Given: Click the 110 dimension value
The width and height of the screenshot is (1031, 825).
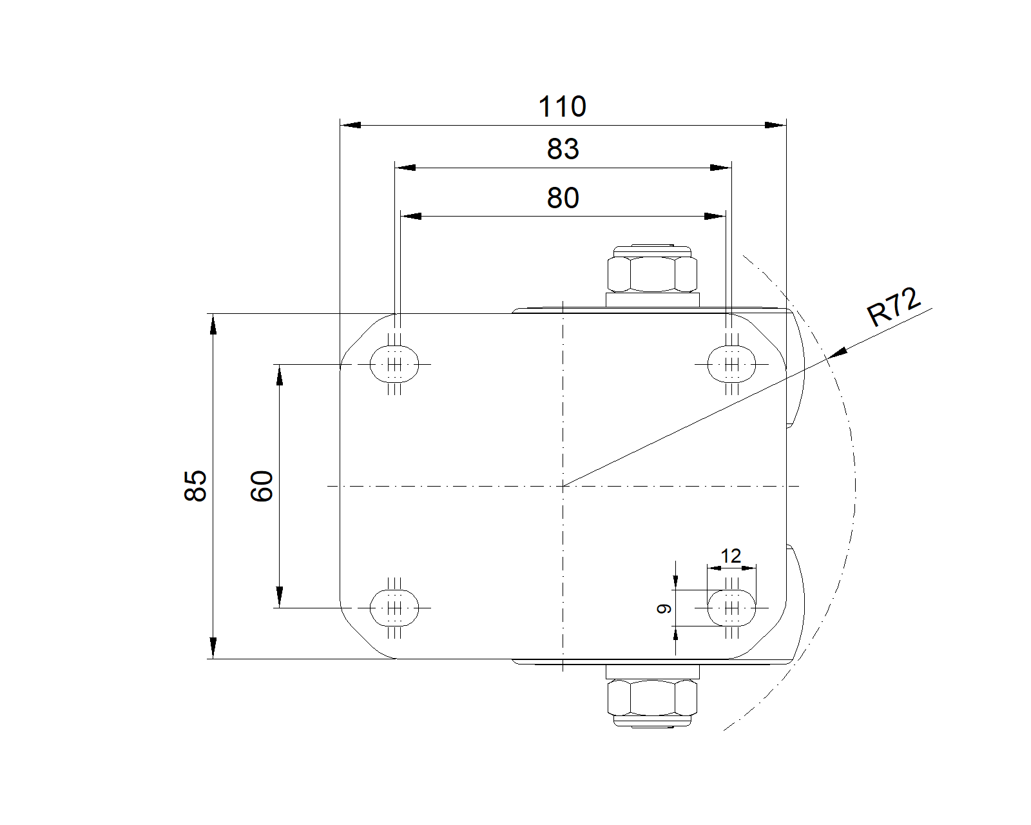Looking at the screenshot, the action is click(562, 106).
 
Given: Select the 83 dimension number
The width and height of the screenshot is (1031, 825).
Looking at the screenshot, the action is click(563, 149).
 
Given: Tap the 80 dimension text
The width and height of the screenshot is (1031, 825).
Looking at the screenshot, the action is click(563, 197).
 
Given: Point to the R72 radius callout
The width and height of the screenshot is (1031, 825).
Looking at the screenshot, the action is click(894, 307).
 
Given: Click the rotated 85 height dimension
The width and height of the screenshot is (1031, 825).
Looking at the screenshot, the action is click(195, 486).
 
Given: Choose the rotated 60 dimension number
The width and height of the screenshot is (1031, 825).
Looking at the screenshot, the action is click(262, 486).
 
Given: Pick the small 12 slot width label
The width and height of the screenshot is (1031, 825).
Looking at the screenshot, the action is click(731, 556).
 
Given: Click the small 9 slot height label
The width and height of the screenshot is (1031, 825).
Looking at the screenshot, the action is click(664, 609).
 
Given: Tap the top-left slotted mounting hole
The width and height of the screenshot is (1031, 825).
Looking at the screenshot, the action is click(394, 364).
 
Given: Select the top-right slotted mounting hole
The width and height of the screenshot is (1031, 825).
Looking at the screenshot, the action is click(731, 364).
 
